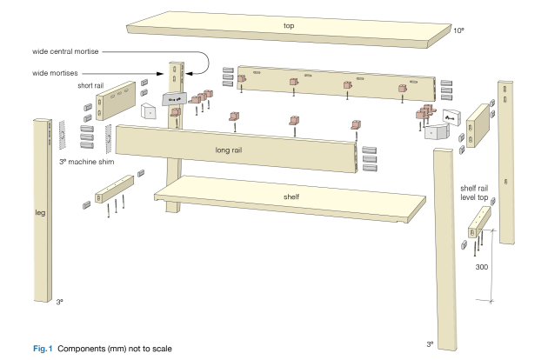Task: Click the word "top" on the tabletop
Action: (289, 26)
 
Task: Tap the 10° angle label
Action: (458, 30)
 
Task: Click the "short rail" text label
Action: (90, 86)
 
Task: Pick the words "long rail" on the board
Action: (233, 150)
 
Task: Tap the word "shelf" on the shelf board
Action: (291, 197)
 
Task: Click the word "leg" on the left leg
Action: (39, 212)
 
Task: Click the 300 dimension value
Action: (481, 270)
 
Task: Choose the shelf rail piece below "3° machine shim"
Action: (110, 186)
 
